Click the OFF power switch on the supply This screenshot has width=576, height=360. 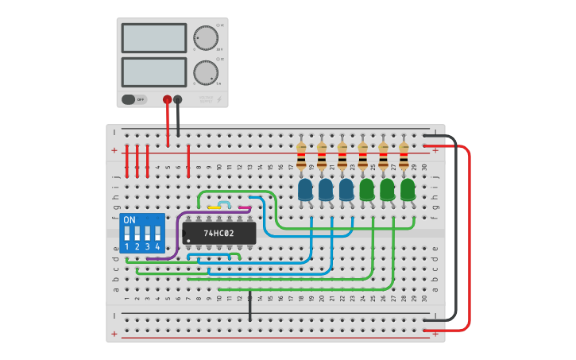click(134, 99)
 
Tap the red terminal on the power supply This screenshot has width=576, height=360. click(167, 99)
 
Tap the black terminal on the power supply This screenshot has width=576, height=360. click(177, 99)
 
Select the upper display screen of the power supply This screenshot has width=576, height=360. click(153, 37)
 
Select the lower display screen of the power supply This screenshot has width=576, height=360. click(153, 72)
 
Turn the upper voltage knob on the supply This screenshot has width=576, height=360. click(205, 37)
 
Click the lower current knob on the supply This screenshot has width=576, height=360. click(205, 72)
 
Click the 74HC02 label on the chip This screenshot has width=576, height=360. click(218, 234)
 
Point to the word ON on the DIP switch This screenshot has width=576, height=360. click(130, 220)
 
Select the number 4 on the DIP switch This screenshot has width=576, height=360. click(158, 247)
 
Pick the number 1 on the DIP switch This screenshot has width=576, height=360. click(127, 247)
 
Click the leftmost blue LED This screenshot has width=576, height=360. click(305, 190)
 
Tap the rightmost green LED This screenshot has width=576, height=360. click(408, 190)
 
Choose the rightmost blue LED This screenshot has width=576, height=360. click(346, 190)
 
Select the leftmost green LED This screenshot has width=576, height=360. click(366, 190)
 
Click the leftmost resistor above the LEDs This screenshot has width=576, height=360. click(301, 156)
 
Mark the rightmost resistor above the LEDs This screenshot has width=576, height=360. click(404, 156)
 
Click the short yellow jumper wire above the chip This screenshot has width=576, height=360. click(214, 208)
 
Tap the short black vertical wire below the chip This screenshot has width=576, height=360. click(249, 305)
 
